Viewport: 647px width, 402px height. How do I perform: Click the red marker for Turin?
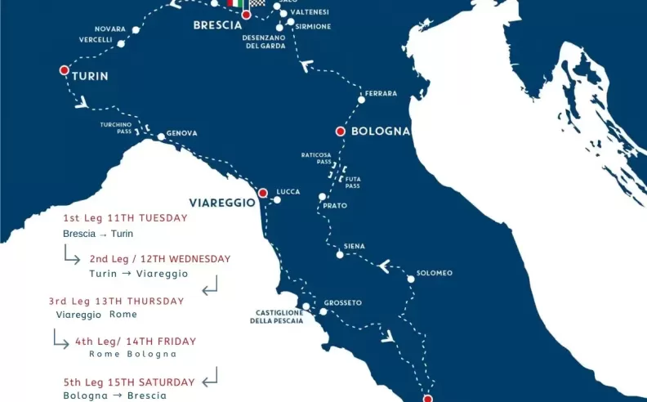click(65, 70)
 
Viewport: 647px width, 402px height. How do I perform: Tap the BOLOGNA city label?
click(380, 132)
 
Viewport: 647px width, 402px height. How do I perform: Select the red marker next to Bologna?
click(340, 131)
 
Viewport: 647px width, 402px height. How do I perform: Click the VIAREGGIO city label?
click(222, 202)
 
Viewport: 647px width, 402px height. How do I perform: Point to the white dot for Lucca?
click(278, 199)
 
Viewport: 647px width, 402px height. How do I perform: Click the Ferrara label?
click(382, 93)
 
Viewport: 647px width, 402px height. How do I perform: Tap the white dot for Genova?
click(161, 137)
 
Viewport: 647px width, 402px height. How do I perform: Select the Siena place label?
click(355, 246)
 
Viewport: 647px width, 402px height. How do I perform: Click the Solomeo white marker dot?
click(411, 279)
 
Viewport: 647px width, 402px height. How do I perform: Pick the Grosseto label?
click(342, 302)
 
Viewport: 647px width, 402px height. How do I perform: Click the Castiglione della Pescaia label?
click(276, 316)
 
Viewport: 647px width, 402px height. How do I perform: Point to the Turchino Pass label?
click(116, 127)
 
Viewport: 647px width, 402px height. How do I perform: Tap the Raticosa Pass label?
click(316, 158)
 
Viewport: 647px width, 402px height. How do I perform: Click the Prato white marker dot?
click(323, 197)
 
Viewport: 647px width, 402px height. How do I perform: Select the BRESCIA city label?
click(217, 25)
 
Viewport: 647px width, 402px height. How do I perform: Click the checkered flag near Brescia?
click(257, 4)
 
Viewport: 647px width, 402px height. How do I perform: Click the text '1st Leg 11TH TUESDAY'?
click(126, 218)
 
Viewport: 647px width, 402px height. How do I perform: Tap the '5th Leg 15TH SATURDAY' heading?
click(129, 382)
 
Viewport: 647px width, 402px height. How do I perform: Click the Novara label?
click(110, 29)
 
